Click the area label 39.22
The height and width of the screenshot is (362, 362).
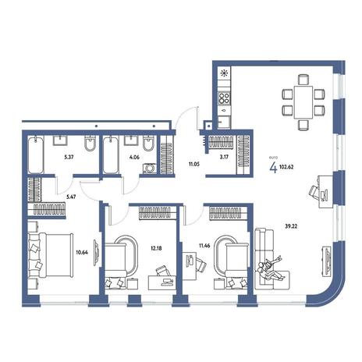click(x=291, y=226)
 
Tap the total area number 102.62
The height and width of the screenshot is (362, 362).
click(x=286, y=167)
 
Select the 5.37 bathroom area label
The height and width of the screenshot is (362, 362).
click(x=69, y=157)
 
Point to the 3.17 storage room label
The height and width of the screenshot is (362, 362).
click(x=224, y=157)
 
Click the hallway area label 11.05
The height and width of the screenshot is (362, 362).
click(x=194, y=164)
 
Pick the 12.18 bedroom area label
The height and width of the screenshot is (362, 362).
click(x=156, y=248)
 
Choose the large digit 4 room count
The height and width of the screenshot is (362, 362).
click(x=273, y=168)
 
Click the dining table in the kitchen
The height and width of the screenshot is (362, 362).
click(x=303, y=102)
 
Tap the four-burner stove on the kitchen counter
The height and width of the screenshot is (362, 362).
click(x=224, y=98)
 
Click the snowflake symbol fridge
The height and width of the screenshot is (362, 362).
click(x=224, y=73)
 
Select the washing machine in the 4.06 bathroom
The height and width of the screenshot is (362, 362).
click(x=150, y=169)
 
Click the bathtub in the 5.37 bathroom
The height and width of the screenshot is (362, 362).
click(x=36, y=155)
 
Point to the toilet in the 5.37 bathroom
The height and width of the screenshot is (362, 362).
click(x=90, y=144)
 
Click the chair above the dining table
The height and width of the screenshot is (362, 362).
click(x=303, y=80)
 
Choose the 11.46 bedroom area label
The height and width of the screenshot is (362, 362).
click(x=204, y=245)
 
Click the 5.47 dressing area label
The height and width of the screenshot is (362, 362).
click(x=71, y=197)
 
